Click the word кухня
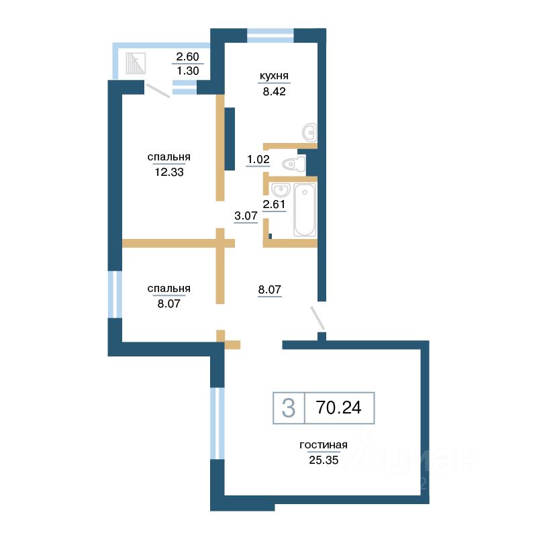click(274, 76)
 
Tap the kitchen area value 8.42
click(274, 91)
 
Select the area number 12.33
click(169, 172)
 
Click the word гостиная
click(324, 445)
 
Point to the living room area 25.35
click(324, 460)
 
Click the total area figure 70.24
click(338, 407)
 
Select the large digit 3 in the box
click(289, 408)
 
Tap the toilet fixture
click(294, 164)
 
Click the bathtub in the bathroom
click(305, 209)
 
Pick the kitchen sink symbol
click(309, 132)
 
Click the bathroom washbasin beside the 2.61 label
click(281, 189)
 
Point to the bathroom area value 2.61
click(274, 205)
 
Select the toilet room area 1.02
click(258, 159)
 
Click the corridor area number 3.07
click(246, 215)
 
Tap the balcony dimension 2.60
click(188, 56)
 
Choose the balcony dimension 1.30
click(188, 71)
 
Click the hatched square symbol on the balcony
click(136, 63)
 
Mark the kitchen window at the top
click(271, 36)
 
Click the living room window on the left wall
click(217, 424)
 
